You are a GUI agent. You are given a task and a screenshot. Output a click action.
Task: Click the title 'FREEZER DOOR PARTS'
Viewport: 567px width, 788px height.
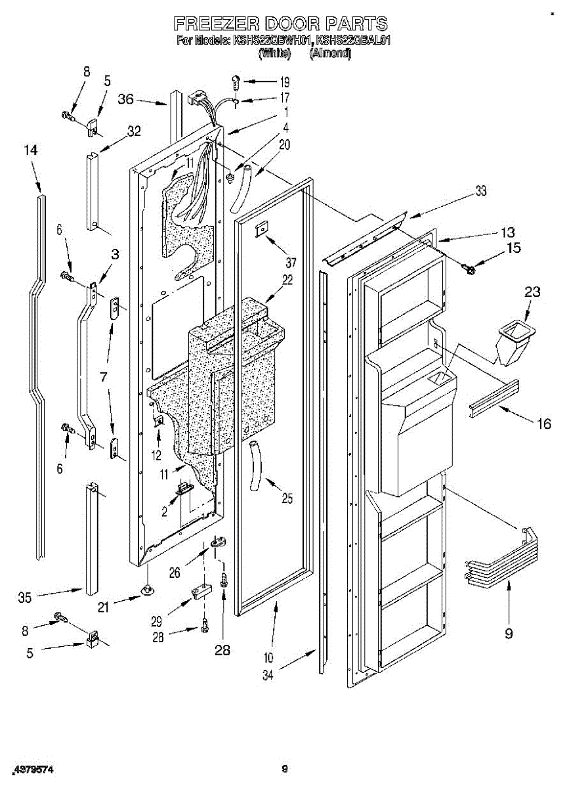[x=281, y=25]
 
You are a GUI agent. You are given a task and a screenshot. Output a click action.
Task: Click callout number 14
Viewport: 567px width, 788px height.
[x=31, y=150]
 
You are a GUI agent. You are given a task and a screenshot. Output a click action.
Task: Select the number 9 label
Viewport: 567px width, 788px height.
[x=509, y=633]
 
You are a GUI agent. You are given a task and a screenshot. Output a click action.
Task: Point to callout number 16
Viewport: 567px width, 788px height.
[x=544, y=424]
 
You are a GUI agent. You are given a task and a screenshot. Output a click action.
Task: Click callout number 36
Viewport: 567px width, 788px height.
[x=125, y=99]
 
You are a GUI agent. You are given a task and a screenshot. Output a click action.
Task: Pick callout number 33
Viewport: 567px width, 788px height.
[x=481, y=192]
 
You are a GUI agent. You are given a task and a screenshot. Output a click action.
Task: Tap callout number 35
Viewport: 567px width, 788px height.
[x=25, y=598]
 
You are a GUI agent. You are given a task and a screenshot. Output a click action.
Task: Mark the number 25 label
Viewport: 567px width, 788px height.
[x=287, y=498]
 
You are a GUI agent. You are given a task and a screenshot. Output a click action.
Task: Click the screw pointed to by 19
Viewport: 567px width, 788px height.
[x=235, y=82]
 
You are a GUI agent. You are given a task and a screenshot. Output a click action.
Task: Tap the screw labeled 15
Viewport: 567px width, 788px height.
[x=469, y=268]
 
